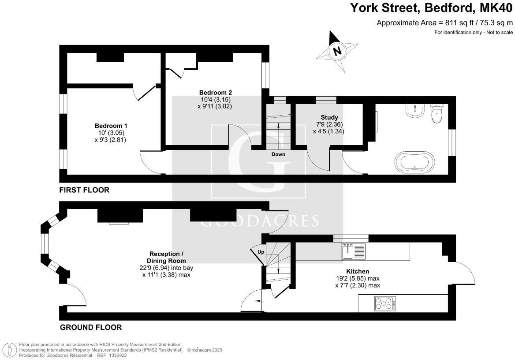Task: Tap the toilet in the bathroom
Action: tap(437, 113)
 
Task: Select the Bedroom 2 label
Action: tap(215, 92)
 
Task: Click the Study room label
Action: tap(329, 117)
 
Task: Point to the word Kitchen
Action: tap(357, 271)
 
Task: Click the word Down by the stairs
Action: tap(278, 154)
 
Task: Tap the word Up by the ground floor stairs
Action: tap(261, 252)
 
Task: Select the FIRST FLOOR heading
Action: tap(84, 190)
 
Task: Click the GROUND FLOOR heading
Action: tap(90, 327)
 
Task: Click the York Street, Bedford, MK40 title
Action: tap(432, 7)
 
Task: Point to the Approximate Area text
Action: tap(444, 23)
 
